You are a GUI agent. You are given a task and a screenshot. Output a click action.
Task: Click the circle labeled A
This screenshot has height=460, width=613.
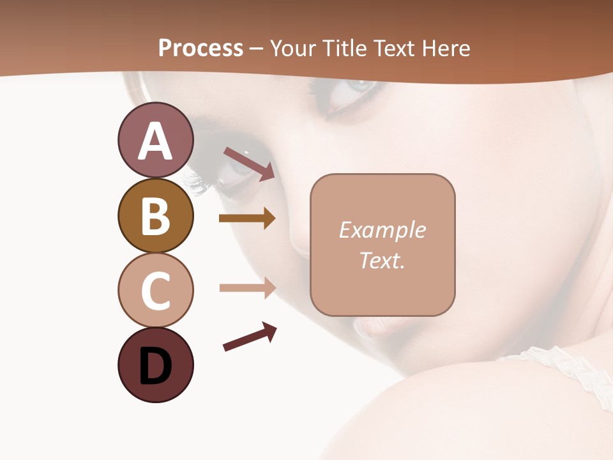(x=155, y=141)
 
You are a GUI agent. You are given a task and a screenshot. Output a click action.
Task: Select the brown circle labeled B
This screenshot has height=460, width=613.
(x=155, y=215)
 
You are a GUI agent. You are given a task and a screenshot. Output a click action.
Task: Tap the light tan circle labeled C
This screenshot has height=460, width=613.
(x=155, y=290)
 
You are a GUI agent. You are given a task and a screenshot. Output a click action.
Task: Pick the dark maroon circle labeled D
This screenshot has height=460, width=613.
(x=155, y=365)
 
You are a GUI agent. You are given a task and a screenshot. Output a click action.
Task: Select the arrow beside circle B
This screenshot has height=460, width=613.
(x=247, y=218)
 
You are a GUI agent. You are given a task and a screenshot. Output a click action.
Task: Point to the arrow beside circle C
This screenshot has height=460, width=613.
(x=247, y=288)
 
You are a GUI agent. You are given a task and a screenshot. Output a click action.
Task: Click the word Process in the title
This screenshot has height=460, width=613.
(x=201, y=48)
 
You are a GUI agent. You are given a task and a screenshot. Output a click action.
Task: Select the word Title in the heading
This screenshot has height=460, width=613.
(x=345, y=48)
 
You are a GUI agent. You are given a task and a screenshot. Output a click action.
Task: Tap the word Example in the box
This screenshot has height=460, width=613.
(x=382, y=230)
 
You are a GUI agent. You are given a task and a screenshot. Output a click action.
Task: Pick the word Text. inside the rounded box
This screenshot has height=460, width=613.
(x=382, y=260)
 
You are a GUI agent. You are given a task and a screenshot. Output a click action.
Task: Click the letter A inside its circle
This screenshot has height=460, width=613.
(x=155, y=141)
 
